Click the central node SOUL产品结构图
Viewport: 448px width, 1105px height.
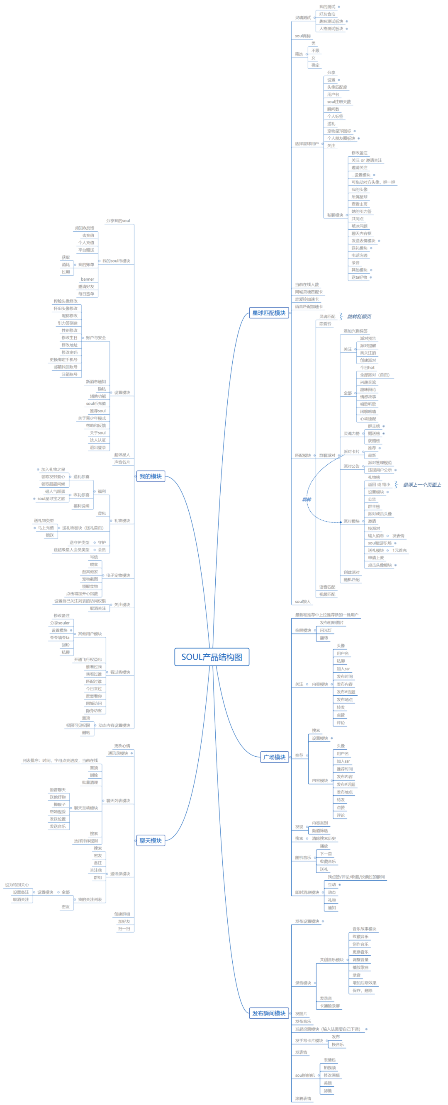(212, 657)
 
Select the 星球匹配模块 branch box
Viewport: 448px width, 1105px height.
(269, 313)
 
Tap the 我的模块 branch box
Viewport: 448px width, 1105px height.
(150, 476)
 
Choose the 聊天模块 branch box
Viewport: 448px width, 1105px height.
(150, 841)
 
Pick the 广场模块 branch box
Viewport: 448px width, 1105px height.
(274, 757)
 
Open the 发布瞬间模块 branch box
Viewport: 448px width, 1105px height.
(269, 1013)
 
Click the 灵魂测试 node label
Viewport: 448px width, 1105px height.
(303, 17)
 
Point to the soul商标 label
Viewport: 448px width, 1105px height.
(303, 36)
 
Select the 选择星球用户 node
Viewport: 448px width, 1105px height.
(307, 144)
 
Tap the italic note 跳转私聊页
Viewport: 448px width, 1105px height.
(359, 316)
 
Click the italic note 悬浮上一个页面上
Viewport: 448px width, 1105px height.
(421, 485)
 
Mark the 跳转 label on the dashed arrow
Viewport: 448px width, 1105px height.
(307, 499)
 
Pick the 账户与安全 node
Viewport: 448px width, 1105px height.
(95, 338)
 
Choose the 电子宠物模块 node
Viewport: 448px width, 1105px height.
(118, 575)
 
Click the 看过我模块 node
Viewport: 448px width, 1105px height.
(120, 672)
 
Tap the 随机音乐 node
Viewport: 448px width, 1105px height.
(303, 857)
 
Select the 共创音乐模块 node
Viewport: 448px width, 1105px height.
(331, 959)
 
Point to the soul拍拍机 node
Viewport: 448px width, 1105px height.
(305, 1076)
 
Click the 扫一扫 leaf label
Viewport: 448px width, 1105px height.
(124, 929)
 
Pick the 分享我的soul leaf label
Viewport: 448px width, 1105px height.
(118, 221)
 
